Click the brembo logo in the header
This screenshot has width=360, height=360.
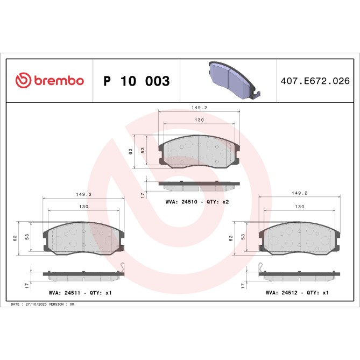tap(50, 81)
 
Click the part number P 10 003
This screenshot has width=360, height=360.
tap(136, 81)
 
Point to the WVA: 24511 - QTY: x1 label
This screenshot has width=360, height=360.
tap(82, 293)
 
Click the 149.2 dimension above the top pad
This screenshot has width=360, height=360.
tap(199, 108)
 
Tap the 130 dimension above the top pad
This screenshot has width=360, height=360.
tap(199, 120)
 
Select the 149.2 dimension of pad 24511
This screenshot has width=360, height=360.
tap(83, 195)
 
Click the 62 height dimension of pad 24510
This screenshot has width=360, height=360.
tap(131, 152)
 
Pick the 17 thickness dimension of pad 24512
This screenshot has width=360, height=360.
tap(243, 283)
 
